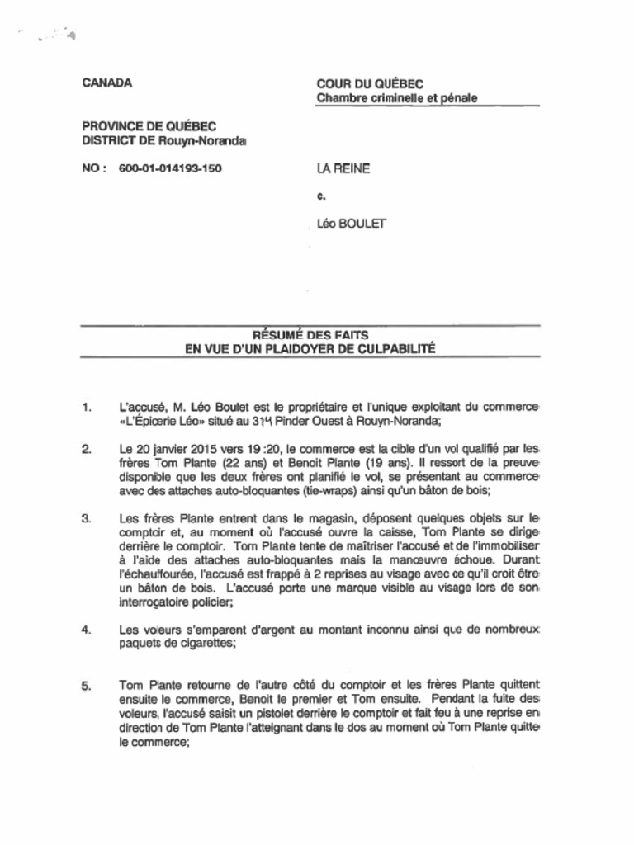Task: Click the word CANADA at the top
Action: pyautogui.click(x=107, y=83)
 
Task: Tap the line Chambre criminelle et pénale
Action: pyautogui.click(x=397, y=99)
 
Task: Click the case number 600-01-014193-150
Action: pyautogui.click(x=170, y=169)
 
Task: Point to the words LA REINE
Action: pyautogui.click(x=343, y=169)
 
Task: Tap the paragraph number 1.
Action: pyautogui.click(x=87, y=408)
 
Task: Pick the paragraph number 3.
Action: pyautogui.click(x=87, y=519)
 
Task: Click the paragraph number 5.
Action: pyautogui.click(x=87, y=686)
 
